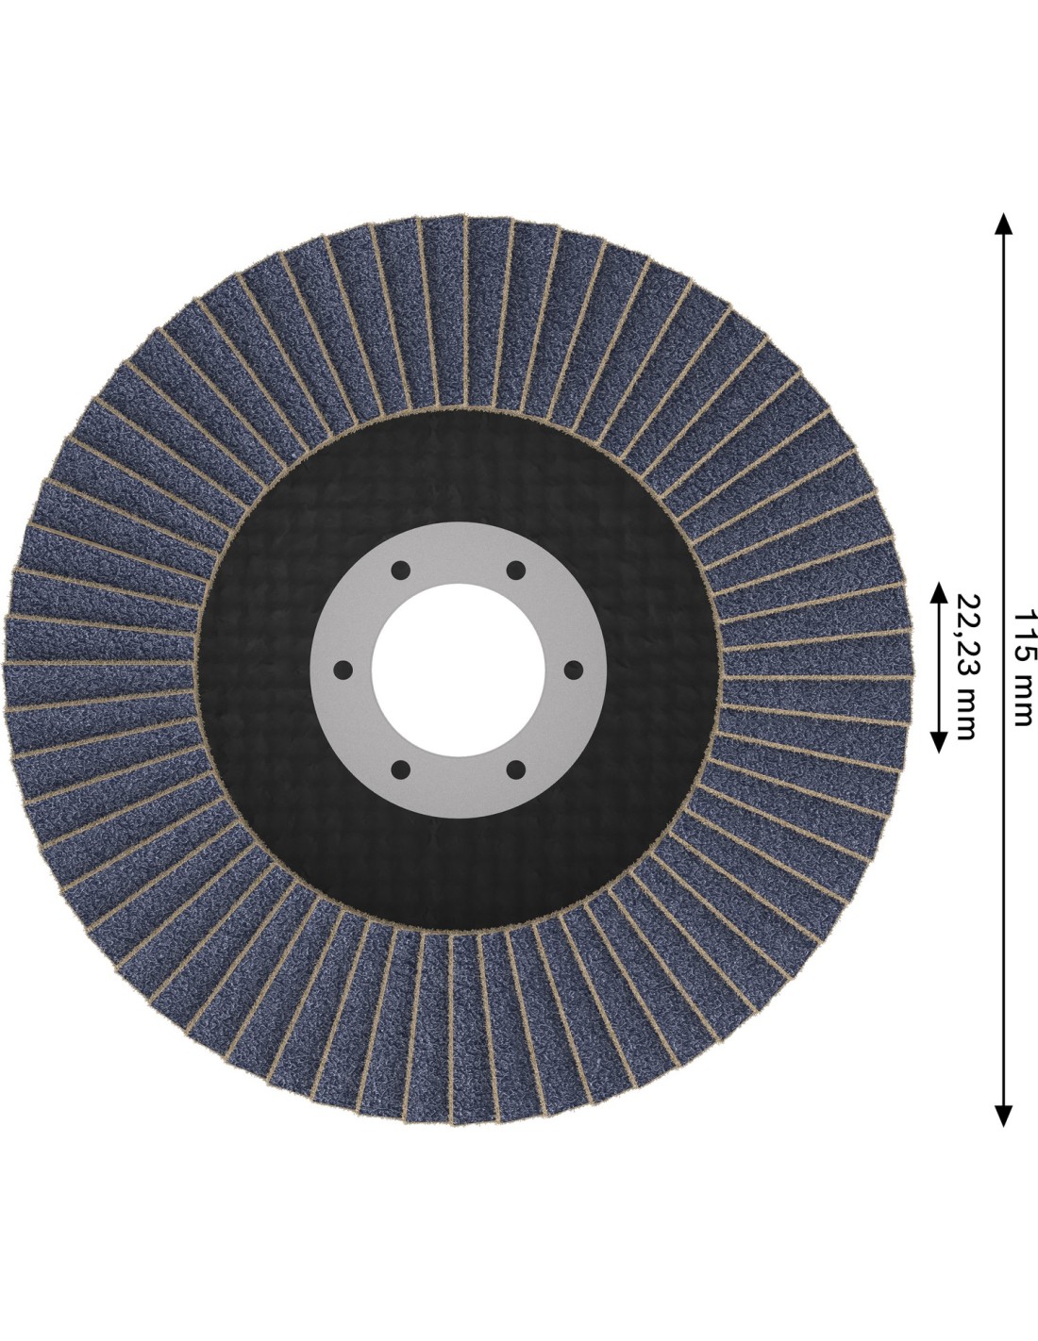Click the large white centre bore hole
459,670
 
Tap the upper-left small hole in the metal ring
401,570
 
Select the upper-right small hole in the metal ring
515,570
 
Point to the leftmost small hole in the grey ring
343,670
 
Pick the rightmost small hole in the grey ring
574,670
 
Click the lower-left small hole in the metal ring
401,770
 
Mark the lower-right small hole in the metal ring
515,770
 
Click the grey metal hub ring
459,553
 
